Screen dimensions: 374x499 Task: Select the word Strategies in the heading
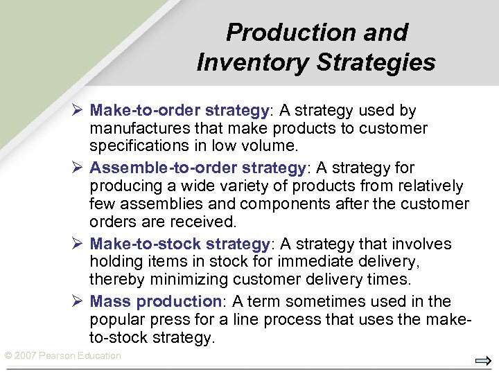[376, 62]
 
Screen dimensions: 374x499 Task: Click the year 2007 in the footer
[26, 355]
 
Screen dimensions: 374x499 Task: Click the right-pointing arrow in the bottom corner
[483, 361]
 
